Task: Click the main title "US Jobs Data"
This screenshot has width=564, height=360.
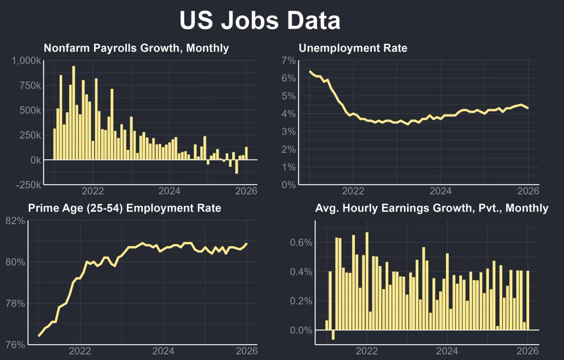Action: pyautogui.click(x=260, y=21)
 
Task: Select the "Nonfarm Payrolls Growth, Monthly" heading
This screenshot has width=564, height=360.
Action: pyautogui.click(x=136, y=48)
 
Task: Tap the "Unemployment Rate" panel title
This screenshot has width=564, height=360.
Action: pyautogui.click(x=353, y=48)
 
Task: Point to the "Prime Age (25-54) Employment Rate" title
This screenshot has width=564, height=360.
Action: pyautogui.click(x=125, y=208)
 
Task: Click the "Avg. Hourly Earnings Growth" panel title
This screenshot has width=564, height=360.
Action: pyautogui.click(x=431, y=208)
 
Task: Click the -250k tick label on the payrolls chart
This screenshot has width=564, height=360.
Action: pyautogui.click(x=28, y=185)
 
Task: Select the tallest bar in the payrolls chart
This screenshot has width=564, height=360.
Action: pyautogui.click(x=73, y=113)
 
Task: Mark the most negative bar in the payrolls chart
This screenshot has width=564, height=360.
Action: pyautogui.click(x=236, y=167)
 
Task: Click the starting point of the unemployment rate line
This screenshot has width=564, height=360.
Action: pyautogui.click(x=310, y=71)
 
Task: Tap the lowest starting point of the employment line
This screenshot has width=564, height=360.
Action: pyautogui.click(x=39, y=336)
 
